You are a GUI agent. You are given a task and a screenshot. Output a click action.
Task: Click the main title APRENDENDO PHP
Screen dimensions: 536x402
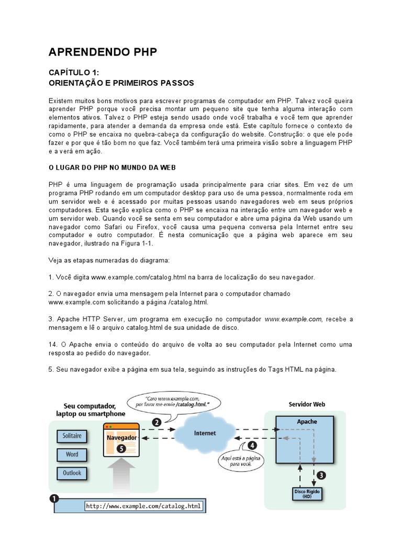pos(103,52)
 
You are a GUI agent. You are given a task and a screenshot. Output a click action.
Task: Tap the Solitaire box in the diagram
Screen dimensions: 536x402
pos(72,436)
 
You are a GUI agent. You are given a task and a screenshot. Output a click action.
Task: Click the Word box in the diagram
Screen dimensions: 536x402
pos(72,454)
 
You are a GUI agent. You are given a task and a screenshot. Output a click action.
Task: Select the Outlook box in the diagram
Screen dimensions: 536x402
pos(72,473)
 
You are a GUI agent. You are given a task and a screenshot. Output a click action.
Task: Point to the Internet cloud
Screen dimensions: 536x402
pos(205,433)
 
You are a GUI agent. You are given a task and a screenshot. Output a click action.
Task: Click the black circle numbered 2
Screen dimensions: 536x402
pos(156,421)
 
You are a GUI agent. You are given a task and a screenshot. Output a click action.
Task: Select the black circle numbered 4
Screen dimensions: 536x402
pos(252,446)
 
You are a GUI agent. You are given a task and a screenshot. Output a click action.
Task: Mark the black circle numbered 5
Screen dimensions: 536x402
pos(121,448)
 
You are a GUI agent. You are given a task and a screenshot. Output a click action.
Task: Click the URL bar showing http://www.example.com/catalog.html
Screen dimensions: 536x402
pos(143,506)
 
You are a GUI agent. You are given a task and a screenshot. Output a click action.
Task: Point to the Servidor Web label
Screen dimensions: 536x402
pos(307,404)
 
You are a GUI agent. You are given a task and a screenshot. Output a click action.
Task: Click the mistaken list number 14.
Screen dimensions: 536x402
pos(53,344)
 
